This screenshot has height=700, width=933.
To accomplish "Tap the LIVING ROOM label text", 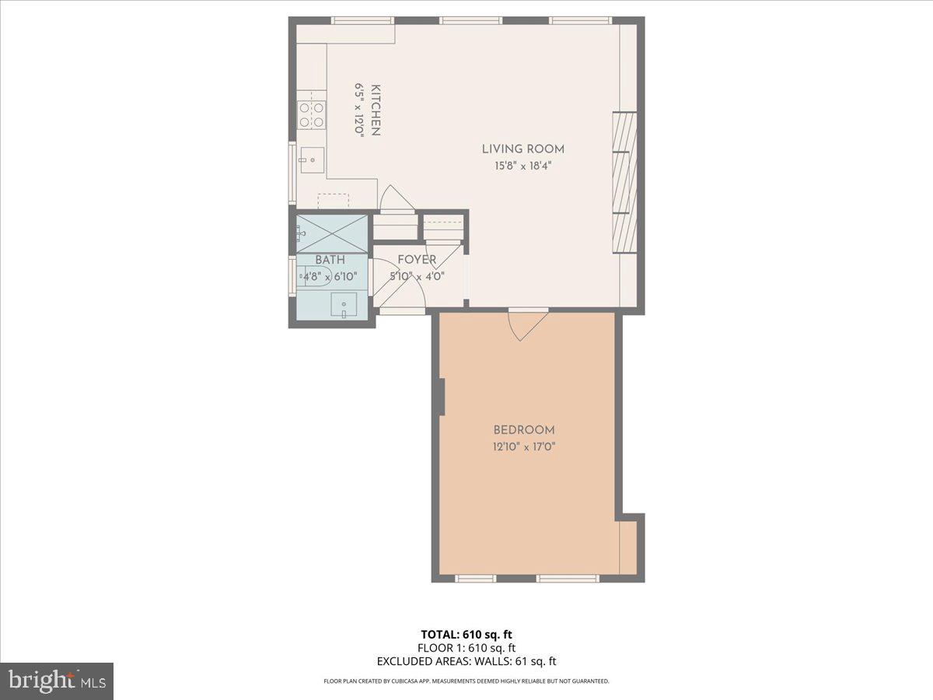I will pos(522,149).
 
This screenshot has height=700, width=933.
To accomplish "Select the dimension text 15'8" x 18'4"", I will pos(522,166).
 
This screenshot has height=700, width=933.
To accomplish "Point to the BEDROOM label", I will pos(524,430).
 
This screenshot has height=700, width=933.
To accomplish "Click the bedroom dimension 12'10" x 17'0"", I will pos(524,447).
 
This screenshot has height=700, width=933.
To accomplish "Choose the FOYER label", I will pos(417,260).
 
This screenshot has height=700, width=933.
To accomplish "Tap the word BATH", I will pos(330,260).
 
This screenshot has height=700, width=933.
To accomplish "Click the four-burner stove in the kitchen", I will pos(312,115).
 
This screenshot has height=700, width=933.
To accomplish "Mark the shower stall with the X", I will pos(332,233).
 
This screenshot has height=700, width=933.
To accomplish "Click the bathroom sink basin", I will pos(344,304).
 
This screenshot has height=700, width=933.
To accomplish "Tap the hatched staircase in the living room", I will pos(624,182).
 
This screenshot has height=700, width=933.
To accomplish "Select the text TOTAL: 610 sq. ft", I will pos(466,635).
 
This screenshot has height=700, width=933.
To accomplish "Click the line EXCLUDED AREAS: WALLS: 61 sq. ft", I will pos(466,662).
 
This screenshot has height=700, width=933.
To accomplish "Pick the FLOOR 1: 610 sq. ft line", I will pos(466,648).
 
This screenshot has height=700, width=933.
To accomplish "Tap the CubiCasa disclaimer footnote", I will pos(466,681).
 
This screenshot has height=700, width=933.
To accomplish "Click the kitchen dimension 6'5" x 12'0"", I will pos(359,110).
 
